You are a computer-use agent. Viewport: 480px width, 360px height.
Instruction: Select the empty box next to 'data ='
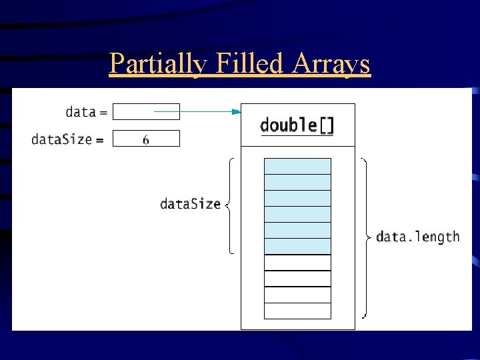point(146,111)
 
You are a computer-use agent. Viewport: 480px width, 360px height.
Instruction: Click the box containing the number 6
point(146,139)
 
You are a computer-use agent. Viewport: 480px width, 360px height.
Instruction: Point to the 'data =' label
point(86,111)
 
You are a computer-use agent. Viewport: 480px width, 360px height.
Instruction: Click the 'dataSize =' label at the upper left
point(67,139)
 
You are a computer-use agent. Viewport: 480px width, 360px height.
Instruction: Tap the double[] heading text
point(297,125)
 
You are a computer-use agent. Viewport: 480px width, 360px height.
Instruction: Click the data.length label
point(418,237)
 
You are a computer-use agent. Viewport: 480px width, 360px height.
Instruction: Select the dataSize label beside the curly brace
point(190,204)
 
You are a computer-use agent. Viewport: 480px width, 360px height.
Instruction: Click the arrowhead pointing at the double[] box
point(235,112)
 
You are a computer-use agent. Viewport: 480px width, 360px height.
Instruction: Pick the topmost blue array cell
point(297,166)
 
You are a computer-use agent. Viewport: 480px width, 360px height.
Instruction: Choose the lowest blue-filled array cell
point(297,246)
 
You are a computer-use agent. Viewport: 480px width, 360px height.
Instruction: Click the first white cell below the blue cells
point(297,263)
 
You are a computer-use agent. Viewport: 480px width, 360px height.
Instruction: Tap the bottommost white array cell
point(297,311)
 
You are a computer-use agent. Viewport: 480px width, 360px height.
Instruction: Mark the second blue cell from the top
point(297,182)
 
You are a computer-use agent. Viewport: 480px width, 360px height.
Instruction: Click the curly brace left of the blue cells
point(229,205)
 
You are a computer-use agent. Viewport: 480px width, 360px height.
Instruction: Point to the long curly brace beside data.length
point(365,237)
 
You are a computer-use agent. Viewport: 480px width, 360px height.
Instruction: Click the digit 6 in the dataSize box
point(146,139)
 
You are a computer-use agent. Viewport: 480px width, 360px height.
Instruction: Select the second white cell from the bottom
point(297,295)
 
